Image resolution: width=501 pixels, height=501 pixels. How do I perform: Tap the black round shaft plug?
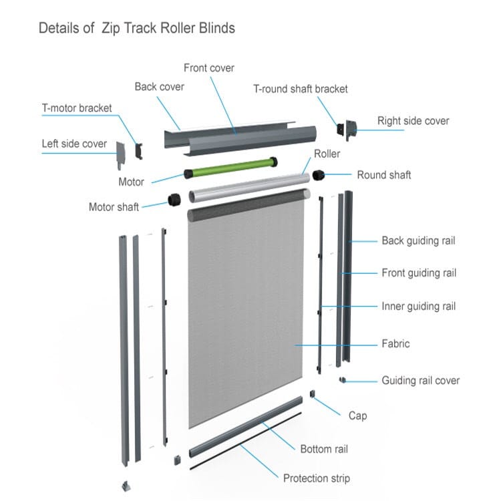(x=319, y=175)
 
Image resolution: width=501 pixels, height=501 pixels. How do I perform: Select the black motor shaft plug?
(x=174, y=199)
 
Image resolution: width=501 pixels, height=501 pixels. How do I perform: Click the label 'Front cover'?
(x=209, y=68)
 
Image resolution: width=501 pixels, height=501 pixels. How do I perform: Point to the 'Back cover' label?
(x=159, y=87)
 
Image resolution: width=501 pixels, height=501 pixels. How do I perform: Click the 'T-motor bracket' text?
(x=77, y=108)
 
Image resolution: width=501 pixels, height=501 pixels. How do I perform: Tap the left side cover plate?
(x=121, y=156)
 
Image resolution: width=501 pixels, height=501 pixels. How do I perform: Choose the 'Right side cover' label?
(x=413, y=121)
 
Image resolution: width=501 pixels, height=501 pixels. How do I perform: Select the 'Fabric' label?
(x=395, y=344)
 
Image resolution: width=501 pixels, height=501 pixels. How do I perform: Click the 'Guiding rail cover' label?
(x=420, y=381)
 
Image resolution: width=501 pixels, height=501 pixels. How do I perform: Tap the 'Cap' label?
(x=357, y=415)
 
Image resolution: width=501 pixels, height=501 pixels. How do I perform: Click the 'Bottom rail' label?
(x=324, y=449)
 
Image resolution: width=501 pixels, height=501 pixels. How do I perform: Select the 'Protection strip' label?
(x=316, y=478)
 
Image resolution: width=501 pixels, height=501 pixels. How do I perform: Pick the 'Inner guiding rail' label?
(x=418, y=307)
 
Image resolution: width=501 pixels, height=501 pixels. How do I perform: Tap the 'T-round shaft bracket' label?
(x=300, y=89)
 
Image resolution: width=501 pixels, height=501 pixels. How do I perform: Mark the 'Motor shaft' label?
(x=114, y=207)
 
